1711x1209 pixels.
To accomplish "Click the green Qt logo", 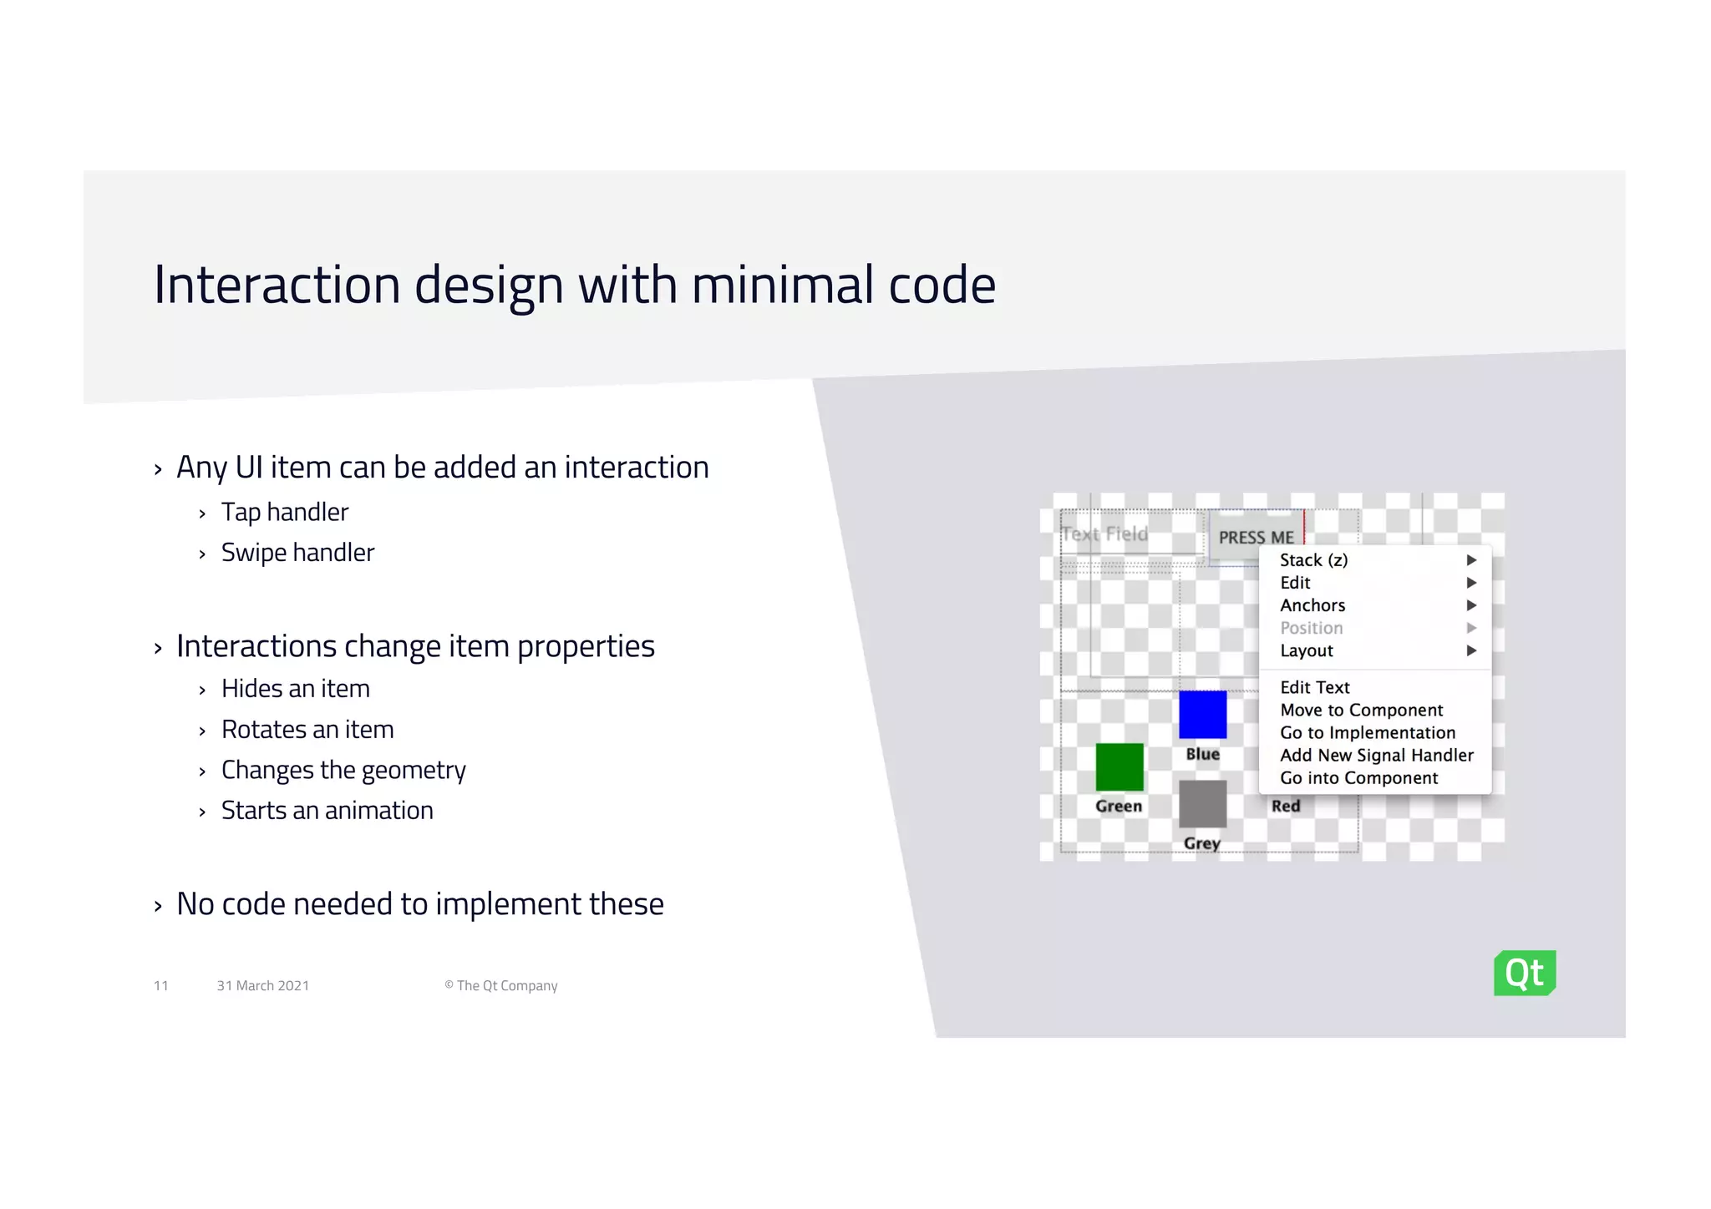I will click(x=1524, y=973).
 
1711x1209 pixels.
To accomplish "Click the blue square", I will click(x=1202, y=715).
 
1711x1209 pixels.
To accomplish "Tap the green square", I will click(x=1120, y=766).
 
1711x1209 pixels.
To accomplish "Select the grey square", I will click(x=1202, y=803).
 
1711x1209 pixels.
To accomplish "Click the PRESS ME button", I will click(x=1255, y=537).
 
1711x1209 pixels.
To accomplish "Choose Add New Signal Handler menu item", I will click(x=1376, y=756).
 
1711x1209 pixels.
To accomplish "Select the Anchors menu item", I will click(x=1312, y=605).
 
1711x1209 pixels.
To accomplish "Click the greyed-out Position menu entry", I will click(x=1311, y=628).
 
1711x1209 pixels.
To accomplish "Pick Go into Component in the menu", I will click(x=1358, y=778).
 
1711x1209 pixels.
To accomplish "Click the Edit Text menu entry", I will click(x=1314, y=687).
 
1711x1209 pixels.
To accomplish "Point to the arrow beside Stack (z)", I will click(x=1471, y=560).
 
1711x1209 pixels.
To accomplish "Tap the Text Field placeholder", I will click(x=1104, y=534).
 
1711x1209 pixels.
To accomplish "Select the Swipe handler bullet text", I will click(x=297, y=553).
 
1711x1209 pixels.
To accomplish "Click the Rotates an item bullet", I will click(x=307, y=730).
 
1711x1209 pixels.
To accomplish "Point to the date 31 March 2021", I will click(x=262, y=986).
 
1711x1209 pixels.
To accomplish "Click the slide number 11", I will click(x=160, y=986).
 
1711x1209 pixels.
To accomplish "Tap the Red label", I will click(x=1285, y=806).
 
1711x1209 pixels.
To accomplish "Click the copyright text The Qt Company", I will click(x=501, y=986).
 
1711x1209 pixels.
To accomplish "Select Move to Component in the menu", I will click(x=1361, y=710).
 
